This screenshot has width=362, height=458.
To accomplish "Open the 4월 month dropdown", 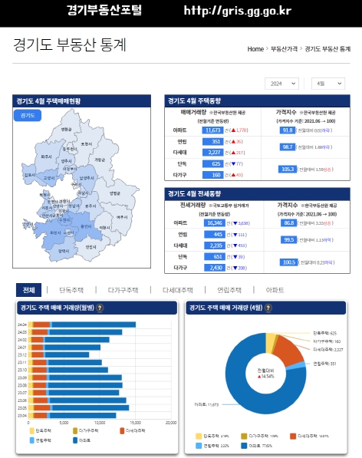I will click(328, 83).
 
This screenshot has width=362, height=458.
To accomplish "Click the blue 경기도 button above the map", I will click(27, 115).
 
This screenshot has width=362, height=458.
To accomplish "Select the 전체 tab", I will click(28, 291).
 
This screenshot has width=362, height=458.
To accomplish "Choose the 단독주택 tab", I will click(71, 291).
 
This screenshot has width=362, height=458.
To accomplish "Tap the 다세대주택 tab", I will click(177, 291).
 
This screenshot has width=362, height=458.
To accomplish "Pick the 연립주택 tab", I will click(230, 291).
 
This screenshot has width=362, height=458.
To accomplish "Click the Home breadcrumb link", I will click(255, 49).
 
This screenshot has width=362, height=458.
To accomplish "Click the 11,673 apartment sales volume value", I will click(213, 130).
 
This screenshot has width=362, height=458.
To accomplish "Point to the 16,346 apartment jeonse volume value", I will click(215, 222).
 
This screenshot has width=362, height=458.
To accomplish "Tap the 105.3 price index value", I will click(288, 169).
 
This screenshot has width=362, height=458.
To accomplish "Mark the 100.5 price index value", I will click(288, 262).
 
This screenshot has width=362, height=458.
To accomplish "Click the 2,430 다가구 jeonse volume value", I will click(215, 268).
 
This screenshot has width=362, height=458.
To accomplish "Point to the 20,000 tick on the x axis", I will click(171, 422).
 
